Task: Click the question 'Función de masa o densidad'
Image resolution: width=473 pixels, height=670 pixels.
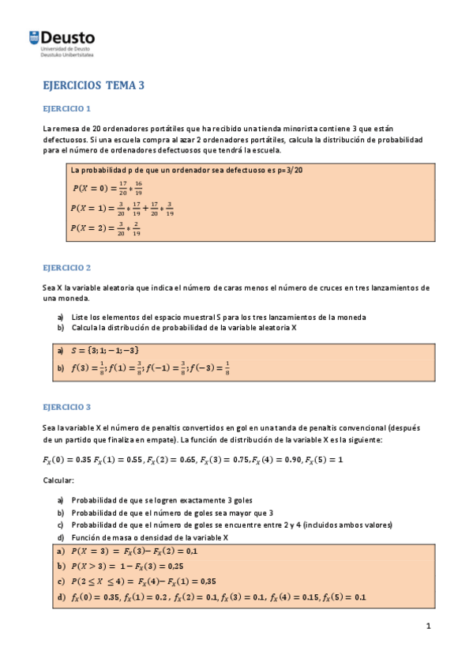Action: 149,537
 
